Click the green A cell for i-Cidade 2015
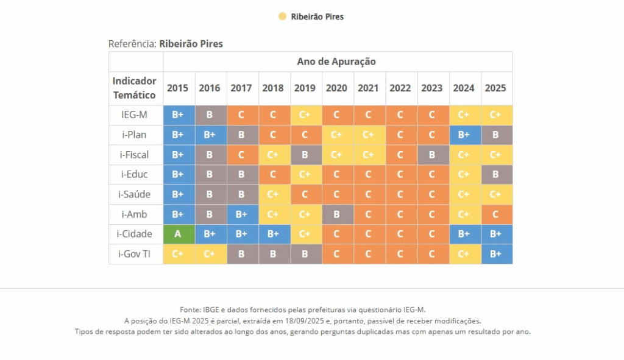178,234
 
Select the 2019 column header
305,88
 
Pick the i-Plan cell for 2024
464,135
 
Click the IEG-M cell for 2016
210,115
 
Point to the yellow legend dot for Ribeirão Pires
283,16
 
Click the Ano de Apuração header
336,62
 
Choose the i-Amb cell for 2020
336,214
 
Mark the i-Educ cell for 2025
495,174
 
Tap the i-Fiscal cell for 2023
432,155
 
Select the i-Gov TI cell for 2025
495,254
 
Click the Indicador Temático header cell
135,88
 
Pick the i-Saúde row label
135,194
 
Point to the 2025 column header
495,88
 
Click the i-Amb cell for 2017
241,214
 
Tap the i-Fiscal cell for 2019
305,155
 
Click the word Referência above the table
132,44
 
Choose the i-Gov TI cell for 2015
178,254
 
